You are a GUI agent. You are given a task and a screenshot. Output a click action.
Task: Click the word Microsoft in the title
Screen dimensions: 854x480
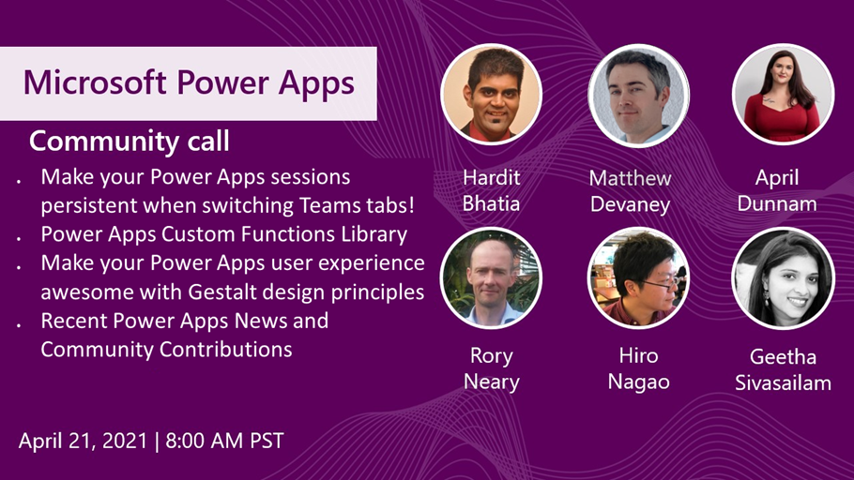(95, 82)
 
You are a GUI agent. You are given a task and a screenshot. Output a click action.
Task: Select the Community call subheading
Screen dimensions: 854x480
(130, 141)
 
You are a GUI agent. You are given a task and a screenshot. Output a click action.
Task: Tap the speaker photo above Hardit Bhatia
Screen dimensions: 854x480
(491, 94)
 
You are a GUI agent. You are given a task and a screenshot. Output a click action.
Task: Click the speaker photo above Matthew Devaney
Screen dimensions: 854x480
(638, 96)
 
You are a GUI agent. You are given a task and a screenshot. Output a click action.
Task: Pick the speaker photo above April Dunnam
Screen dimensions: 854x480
(784, 94)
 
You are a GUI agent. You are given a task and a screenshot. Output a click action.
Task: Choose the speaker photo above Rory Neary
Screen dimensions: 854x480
(491, 277)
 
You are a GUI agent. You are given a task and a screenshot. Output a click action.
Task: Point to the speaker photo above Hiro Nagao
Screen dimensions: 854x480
(638, 277)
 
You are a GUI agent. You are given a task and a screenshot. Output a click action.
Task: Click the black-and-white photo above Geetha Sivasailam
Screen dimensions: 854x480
(784, 278)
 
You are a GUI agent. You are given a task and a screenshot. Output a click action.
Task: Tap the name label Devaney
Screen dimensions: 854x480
(630, 204)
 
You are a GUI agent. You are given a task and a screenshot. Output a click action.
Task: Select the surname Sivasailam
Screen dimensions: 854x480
(784, 382)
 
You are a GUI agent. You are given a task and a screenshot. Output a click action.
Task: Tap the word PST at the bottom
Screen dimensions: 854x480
(267, 441)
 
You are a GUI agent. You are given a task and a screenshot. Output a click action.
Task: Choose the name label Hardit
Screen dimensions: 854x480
(491, 177)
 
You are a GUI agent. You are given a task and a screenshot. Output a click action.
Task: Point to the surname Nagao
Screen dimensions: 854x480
(638, 382)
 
